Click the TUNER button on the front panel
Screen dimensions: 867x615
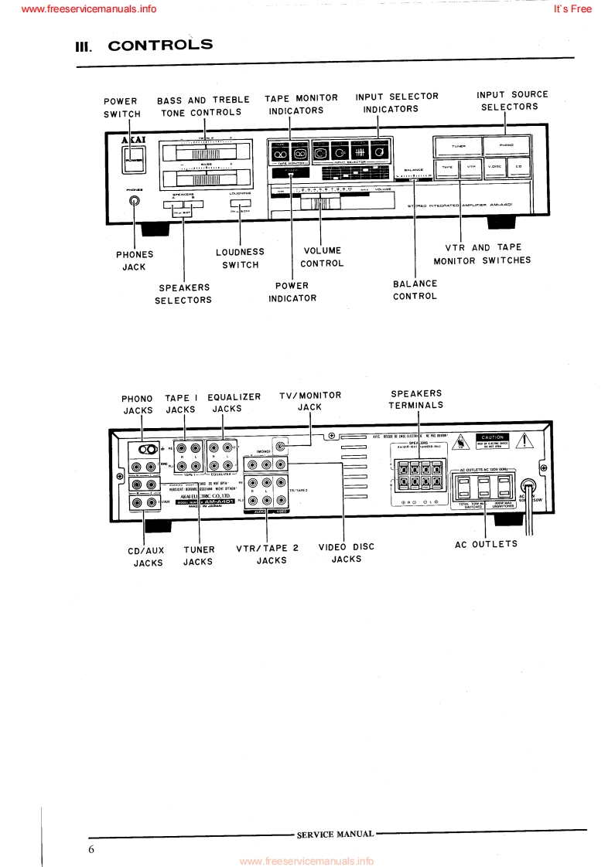click(457, 145)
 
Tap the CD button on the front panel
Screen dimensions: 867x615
click(520, 167)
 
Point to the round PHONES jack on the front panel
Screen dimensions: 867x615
click(135, 202)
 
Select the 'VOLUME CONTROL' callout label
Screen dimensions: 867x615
click(321, 257)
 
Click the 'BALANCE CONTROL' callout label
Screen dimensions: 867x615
click(415, 290)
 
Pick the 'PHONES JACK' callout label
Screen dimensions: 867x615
click(135, 260)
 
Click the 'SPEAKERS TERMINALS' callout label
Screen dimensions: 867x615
click(416, 399)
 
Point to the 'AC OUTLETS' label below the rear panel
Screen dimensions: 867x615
click(486, 544)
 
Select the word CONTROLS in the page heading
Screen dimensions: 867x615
click(160, 45)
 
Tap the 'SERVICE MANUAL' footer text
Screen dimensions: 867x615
click(335, 834)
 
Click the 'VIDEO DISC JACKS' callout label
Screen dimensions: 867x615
click(347, 552)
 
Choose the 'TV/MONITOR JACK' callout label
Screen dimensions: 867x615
click(309, 402)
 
